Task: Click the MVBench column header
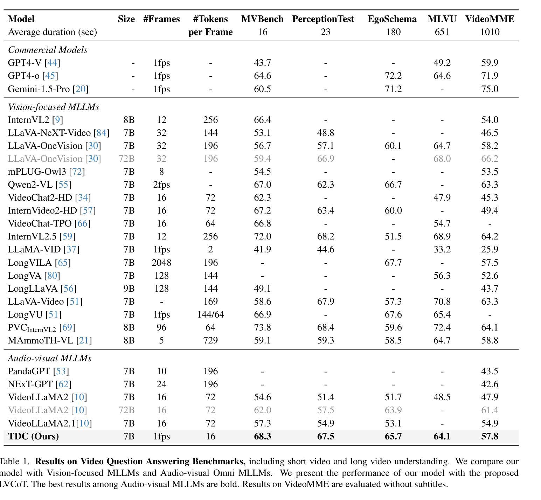[262, 19]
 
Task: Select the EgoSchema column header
[392, 19]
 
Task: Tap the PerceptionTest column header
[323, 19]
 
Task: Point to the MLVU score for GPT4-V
[442, 63]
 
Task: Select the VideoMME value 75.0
[490, 89]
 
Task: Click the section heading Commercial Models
[48, 50]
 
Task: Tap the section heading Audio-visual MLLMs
[50, 358]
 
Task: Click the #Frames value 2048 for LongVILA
[161, 263]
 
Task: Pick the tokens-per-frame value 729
[210, 340]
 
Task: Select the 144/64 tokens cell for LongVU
[210, 314]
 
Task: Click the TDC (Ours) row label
[33, 436]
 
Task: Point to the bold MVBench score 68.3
[262, 436]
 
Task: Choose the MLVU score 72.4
[442, 327]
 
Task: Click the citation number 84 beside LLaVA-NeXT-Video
[102, 133]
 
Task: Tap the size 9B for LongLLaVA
[129, 289]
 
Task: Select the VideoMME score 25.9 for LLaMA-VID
[490, 249]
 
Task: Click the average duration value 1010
[490, 32]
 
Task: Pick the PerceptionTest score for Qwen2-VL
[325, 185]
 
